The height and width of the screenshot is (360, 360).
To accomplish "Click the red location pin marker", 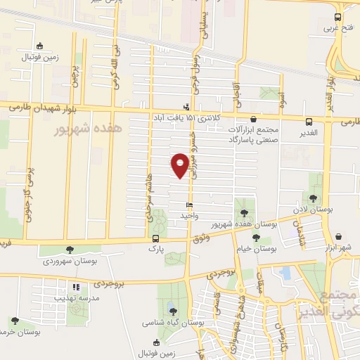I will [x=180, y=165].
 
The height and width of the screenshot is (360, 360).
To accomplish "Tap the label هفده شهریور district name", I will [x=87, y=130].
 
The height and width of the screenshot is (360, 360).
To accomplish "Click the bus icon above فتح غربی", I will [x=338, y=18].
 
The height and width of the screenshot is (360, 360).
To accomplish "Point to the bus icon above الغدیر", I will [x=309, y=122].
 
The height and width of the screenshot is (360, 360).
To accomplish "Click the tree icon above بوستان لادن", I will [x=313, y=198].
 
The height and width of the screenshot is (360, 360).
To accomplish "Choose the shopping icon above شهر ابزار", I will [x=340, y=236].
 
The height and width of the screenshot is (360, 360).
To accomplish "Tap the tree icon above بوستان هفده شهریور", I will [x=244, y=212].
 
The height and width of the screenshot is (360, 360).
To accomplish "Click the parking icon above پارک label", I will [x=155, y=238].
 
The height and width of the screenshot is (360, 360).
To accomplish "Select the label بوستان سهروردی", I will [x=70, y=260].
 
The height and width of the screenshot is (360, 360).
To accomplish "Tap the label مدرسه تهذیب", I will [x=75, y=298].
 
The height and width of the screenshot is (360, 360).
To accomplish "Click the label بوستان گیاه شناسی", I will [x=172, y=322].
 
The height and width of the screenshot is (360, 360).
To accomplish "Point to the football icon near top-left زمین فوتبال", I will [x=39, y=46].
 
